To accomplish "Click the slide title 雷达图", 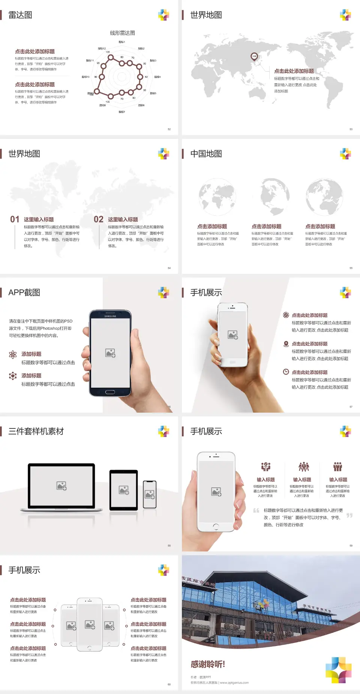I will (x=20, y=15).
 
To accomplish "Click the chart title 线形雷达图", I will (x=122, y=33).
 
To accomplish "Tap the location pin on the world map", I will (x=254, y=57).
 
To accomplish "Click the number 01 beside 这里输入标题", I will (x=15, y=219).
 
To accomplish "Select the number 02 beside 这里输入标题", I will (x=99, y=219).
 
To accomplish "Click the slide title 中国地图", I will (x=206, y=154).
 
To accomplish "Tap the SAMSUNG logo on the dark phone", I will (x=110, y=316).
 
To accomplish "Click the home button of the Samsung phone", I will (x=110, y=392).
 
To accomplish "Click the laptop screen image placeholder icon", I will (x=61, y=486).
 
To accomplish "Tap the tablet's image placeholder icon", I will (x=124, y=490).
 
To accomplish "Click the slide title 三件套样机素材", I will (x=36, y=431).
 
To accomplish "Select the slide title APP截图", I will (x=24, y=293).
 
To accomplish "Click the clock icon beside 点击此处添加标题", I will (x=286, y=372).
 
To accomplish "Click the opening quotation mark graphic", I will (x=256, y=510).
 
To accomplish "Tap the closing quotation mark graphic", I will (x=349, y=515).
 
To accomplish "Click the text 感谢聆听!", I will (x=208, y=664).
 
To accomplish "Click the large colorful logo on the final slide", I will (x=338, y=670).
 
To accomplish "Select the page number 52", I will (x=169, y=129).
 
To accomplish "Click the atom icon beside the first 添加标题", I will (x=13, y=355).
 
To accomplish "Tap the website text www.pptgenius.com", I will (x=234, y=683).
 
